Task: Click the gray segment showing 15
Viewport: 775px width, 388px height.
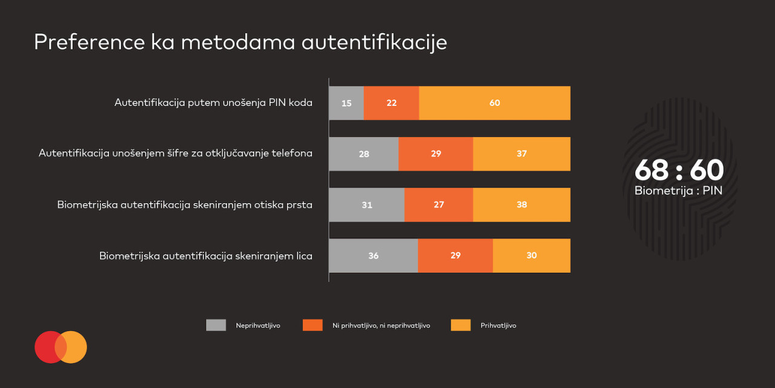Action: coord(346,103)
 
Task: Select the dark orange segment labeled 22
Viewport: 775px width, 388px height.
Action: coord(391,103)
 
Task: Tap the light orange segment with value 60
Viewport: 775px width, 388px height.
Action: coord(495,103)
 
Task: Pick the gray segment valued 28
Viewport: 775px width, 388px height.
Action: coord(363,154)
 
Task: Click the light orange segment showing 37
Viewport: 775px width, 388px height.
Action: coord(521,154)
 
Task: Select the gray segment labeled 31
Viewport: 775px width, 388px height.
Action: coord(366,205)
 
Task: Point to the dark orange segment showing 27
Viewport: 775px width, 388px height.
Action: coord(438,205)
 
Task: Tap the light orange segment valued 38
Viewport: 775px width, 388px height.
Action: coord(521,205)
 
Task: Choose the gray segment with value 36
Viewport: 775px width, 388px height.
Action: coord(373,256)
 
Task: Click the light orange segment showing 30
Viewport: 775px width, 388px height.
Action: coord(532,256)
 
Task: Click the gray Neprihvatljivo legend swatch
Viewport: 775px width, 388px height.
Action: coord(216,325)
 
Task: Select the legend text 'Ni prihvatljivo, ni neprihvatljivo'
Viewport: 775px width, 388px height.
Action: coord(381,326)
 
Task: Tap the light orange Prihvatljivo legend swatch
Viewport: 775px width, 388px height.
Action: coord(461,325)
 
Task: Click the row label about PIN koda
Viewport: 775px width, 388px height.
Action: coord(213,102)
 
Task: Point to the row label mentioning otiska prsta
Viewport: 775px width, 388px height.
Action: coord(185,205)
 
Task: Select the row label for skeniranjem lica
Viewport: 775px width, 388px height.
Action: coord(206,256)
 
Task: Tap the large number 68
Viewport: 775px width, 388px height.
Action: coord(651,171)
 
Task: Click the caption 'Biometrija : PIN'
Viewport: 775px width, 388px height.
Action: coord(678,190)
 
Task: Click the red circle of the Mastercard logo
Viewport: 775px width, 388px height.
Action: coord(46,347)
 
